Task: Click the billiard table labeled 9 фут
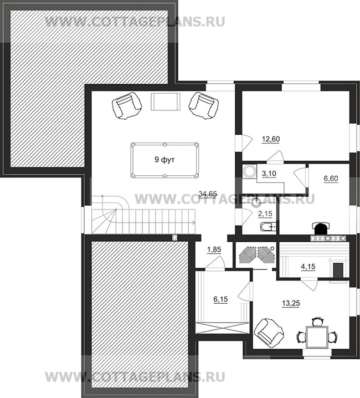pos(164,160)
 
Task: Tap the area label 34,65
pos(208,195)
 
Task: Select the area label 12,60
pos(271,139)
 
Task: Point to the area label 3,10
pos(269,174)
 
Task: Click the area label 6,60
pos(331,178)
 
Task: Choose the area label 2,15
pos(265,214)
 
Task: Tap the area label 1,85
pos(214,250)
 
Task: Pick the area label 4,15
pos(308,267)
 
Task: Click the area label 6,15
pos(220,299)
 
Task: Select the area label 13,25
pos(291,303)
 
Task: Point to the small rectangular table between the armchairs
pos(166,101)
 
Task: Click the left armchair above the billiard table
pos(126,105)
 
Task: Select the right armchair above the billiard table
pos(204,105)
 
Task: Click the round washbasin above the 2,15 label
pos(256,202)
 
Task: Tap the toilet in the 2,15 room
pos(269,226)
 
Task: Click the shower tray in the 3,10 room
pos(249,171)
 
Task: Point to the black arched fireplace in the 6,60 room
pos(321,229)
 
